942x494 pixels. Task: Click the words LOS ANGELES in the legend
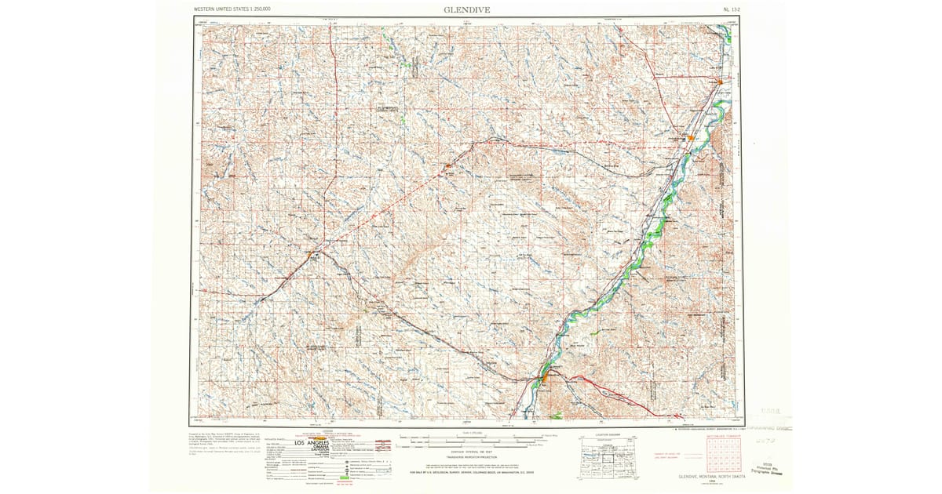point(312,444)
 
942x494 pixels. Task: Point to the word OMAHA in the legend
point(312,450)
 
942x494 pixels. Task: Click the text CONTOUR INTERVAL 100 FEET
point(469,453)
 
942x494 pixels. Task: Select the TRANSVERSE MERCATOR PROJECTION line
point(469,458)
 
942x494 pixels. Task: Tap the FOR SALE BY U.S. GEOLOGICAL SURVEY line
point(469,473)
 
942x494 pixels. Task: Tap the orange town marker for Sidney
point(691,138)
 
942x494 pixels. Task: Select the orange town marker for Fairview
point(721,80)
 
